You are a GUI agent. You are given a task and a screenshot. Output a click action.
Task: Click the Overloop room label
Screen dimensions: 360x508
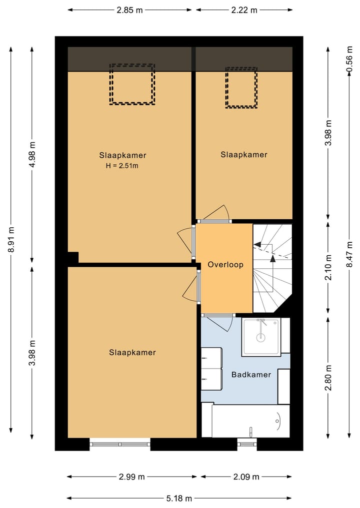tap(225, 265)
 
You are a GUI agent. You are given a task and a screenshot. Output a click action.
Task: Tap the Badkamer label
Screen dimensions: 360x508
tap(251, 375)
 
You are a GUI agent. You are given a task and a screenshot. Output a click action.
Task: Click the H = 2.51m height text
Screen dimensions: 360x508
tap(122, 166)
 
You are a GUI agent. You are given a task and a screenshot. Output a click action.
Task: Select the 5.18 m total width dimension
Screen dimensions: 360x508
tap(179, 499)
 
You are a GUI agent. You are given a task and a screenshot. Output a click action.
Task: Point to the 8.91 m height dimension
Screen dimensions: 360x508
tap(11, 239)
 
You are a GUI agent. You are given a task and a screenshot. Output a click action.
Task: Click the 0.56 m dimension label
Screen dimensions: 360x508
tap(349, 59)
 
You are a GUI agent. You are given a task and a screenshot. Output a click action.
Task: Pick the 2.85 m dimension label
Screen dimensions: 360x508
tap(129, 10)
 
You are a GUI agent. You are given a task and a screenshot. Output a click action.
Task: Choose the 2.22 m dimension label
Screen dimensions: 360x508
tap(244, 10)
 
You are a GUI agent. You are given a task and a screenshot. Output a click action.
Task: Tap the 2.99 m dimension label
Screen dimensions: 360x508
tap(131, 477)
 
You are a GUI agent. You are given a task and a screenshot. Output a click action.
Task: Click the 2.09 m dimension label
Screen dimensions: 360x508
tap(246, 477)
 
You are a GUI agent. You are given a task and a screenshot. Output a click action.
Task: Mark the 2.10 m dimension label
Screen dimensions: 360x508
tap(328, 267)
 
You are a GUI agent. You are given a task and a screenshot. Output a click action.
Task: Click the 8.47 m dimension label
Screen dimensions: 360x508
tap(349, 254)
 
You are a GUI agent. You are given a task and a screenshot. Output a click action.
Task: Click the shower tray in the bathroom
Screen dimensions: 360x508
tap(261, 337)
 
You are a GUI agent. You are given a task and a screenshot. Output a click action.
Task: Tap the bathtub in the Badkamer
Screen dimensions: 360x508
tap(250, 421)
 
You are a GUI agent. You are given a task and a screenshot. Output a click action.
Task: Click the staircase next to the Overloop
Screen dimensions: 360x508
tap(272, 268)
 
